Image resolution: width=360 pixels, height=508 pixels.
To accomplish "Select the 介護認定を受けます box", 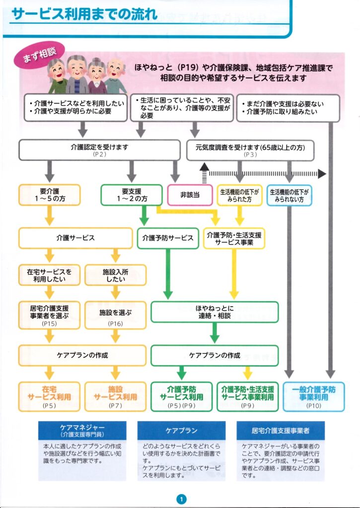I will pyautogui.click(x=99, y=149).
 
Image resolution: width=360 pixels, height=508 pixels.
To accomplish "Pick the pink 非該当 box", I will pyautogui.click(x=189, y=194).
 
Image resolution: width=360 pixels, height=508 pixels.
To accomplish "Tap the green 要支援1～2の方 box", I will pyautogui.click(x=131, y=194).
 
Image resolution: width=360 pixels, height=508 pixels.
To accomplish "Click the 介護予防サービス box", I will pyautogui.click(x=167, y=238).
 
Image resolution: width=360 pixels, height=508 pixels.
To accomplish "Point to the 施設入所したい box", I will pyautogui.click(x=115, y=275).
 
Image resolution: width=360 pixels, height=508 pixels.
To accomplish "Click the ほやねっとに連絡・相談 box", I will pyautogui.click(x=215, y=312).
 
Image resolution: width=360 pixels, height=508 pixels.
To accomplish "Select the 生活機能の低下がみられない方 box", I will pyautogui.click(x=289, y=195).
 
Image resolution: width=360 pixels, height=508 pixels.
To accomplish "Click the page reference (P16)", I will pyautogui.click(x=115, y=323).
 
